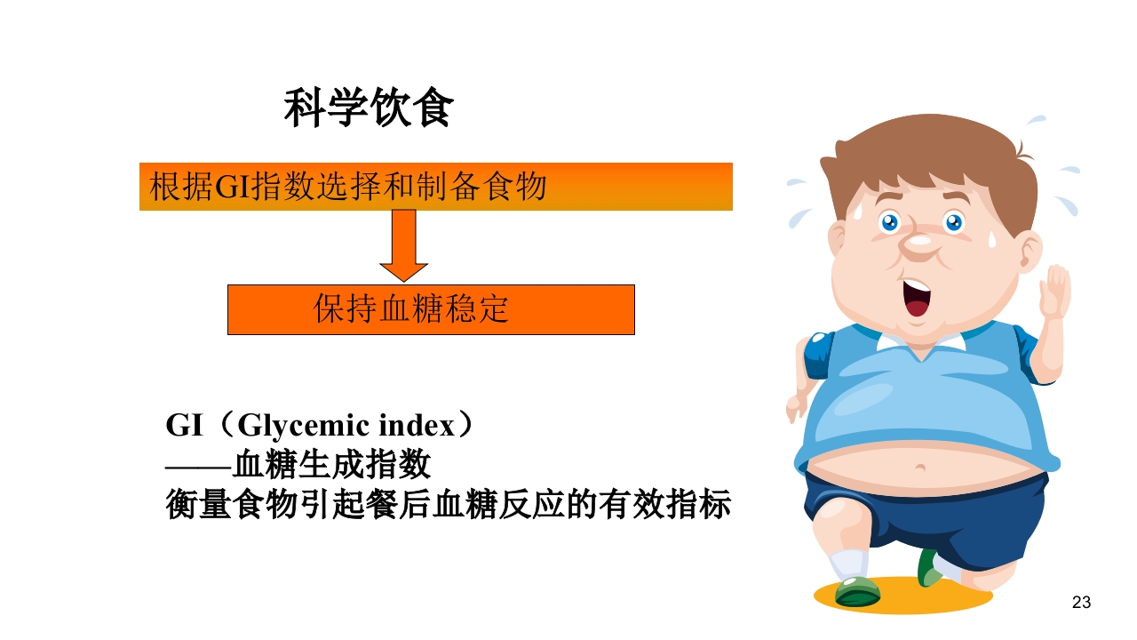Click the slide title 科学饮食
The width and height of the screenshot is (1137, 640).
coord(369,109)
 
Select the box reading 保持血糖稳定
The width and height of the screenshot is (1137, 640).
coord(431,309)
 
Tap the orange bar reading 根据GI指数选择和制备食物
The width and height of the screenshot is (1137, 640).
coord(435,187)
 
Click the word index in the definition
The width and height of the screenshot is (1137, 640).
coord(416,426)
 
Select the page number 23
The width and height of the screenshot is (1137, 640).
coord(1081,603)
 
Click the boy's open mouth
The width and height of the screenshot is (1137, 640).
coord(915,298)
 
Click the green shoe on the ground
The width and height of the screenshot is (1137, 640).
coord(858,591)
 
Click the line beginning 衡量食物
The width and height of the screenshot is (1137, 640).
coord(448,504)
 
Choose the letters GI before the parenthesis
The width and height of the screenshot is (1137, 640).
coord(185,426)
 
